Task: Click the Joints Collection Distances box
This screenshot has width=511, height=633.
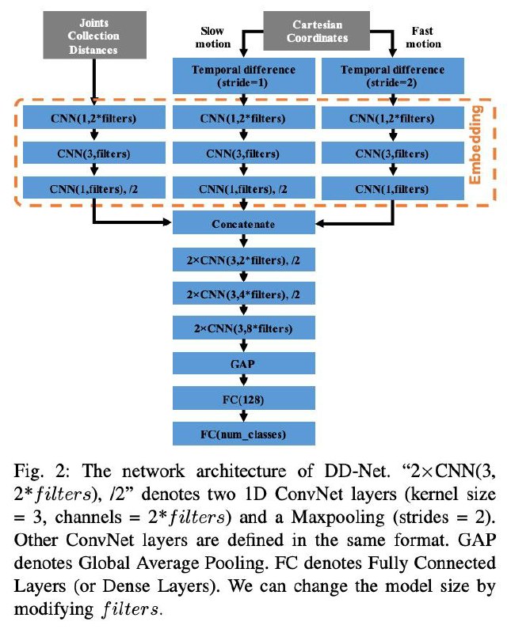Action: pos(94,35)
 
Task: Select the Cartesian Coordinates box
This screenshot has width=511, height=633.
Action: pos(317,31)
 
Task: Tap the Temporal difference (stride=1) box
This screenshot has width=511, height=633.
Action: pos(244,76)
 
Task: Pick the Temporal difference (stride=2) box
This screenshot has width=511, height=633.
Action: pos(392,76)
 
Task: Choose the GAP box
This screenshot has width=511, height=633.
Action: pos(244,363)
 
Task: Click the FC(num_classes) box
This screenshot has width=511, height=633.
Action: pos(244,434)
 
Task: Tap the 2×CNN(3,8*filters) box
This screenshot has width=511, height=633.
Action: pos(244,328)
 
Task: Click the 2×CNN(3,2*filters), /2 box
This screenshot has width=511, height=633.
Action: pos(244,260)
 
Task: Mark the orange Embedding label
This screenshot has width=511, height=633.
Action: pos(476,145)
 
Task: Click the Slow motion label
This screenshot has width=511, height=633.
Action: pos(213,37)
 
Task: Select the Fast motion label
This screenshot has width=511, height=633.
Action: pos(423,37)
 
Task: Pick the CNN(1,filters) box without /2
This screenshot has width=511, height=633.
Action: pos(392,188)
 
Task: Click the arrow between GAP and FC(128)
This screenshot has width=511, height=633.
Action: pos(243,381)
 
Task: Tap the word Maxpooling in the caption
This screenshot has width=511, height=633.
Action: pos(338,517)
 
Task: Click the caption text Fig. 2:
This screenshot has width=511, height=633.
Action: pos(43,471)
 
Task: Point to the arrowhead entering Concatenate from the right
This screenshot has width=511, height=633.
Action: pos(320,223)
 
